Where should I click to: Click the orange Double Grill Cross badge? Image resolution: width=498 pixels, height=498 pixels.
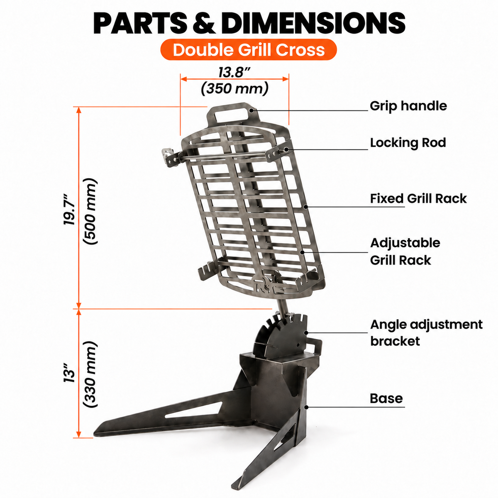tap(248, 50)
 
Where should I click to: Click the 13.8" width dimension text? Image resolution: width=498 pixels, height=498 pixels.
tap(234, 72)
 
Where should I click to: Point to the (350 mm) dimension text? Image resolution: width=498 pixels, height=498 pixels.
tap(234, 89)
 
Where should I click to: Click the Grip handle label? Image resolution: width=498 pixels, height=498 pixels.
tap(408, 106)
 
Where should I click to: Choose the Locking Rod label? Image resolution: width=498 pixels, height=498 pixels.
tap(408, 143)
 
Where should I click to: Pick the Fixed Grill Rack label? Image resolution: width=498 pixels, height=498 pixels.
tap(418, 198)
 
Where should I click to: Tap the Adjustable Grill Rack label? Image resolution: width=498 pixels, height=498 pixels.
tap(405, 251)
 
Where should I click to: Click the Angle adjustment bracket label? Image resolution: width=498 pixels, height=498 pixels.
tap(426, 333)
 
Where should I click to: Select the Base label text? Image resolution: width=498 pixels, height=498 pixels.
tap(386, 398)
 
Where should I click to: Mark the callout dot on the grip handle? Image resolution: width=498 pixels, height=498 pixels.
tap(251, 110)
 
